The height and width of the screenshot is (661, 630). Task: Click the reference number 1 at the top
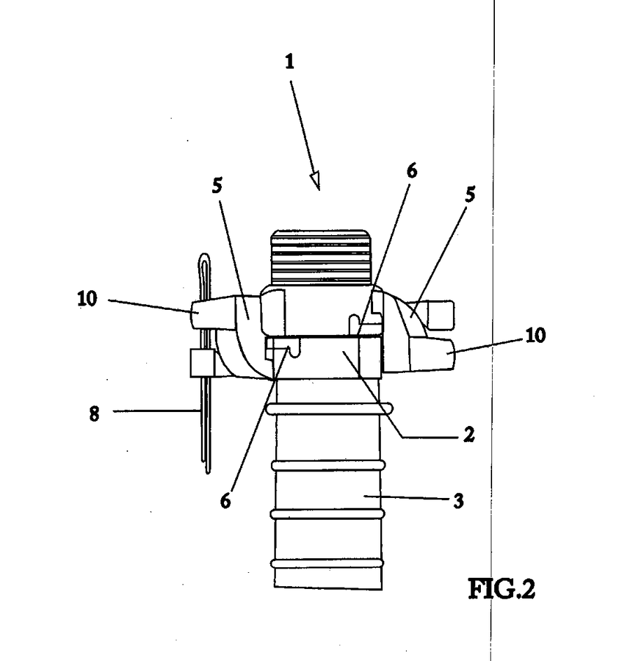[290, 62]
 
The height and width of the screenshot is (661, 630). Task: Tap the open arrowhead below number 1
[315, 180]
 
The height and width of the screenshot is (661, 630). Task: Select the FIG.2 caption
[502, 589]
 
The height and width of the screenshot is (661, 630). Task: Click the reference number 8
[94, 414]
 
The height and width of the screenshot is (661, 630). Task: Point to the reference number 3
[458, 501]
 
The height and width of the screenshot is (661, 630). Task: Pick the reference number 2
[469, 434]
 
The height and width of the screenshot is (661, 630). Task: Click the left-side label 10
[87, 299]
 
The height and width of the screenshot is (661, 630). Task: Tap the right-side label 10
[535, 336]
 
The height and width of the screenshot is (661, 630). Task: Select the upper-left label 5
[217, 185]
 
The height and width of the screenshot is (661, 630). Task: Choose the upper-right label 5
[470, 194]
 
